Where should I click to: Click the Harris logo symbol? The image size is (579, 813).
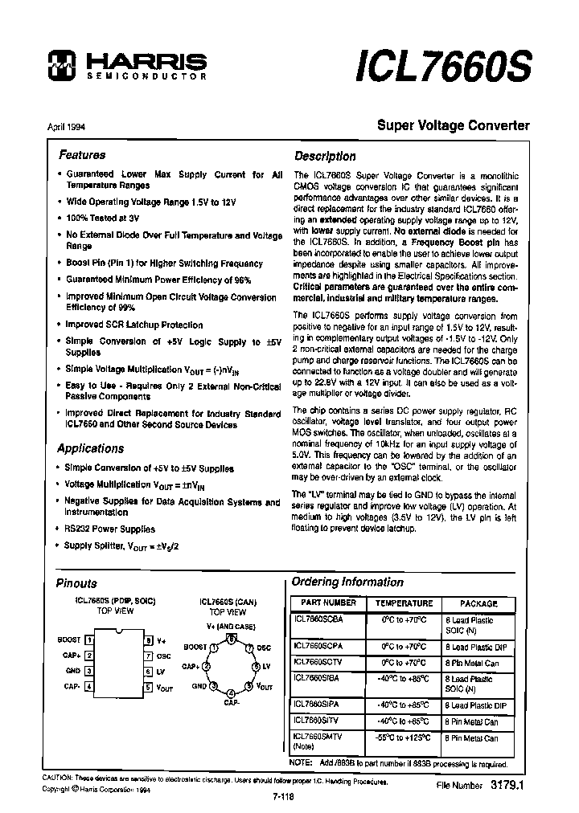click(x=60, y=65)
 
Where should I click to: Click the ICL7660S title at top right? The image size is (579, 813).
click(x=442, y=67)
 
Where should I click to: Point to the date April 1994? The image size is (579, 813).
click(x=61, y=126)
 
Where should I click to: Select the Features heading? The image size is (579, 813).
click(x=81, y=155)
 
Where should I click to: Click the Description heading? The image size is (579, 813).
click(x=325, y=157)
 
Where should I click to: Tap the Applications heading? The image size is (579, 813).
click(x=91, y=448)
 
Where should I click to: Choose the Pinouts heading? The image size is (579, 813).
click(x=76, y=583)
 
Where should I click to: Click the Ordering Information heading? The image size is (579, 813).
click(x=347, y=582)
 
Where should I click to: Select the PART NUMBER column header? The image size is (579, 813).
click(x=328, y=603)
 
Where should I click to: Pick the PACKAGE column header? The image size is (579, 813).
click(x=479, y=603)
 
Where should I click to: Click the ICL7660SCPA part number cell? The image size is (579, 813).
click(x=318, y=645)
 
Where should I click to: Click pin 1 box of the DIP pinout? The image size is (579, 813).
click(x=89, y=639)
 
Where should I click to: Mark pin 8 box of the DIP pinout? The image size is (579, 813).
click(x=148, y=639)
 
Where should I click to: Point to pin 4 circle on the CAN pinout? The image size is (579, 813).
click(x=231, y=692)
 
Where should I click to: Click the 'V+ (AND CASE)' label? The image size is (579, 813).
click(x=231, y=626)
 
